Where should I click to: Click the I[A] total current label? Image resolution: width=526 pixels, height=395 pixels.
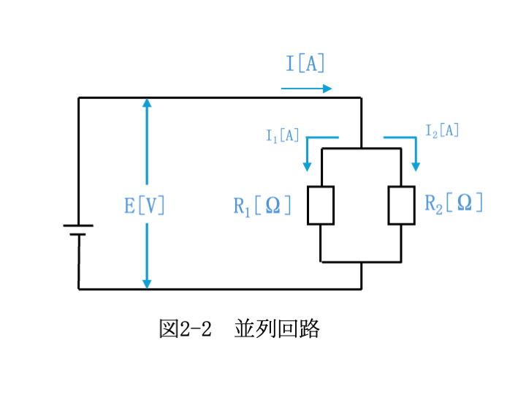pos(305,63)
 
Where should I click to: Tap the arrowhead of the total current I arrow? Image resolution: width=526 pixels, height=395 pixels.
pos(327,89)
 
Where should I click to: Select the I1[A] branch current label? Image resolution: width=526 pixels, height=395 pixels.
pos(282,136)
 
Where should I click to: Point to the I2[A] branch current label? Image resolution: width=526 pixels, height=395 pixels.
pos(442,131)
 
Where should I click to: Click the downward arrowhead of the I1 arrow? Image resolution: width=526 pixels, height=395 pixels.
pos(307,167)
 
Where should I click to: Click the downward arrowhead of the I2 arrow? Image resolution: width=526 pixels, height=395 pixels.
pos(416,167)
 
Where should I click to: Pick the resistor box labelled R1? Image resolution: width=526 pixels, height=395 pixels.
pos(321,206)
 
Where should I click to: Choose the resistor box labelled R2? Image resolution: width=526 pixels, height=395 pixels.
pos(402,206)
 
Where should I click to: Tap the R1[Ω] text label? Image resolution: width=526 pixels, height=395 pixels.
pos(262,206)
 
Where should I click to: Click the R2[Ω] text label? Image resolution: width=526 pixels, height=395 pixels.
pos(454,203)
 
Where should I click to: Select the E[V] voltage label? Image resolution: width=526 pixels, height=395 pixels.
pos(144,206)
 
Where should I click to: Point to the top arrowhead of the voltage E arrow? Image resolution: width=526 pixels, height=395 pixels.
pos(147,102)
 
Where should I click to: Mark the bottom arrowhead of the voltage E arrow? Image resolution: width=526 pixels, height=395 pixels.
pos(147,284)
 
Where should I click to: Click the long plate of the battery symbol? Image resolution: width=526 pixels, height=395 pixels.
pos(78,226)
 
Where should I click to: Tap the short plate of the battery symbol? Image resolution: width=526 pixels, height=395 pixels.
pos(78,234)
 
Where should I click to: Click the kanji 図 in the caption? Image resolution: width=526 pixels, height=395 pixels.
pos(169,328)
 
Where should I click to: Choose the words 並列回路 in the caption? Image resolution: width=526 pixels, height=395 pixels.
pos(277,328)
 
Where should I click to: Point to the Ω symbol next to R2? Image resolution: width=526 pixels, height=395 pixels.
pos(465,202)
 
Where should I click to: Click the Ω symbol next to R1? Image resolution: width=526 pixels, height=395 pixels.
pos(272,206)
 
